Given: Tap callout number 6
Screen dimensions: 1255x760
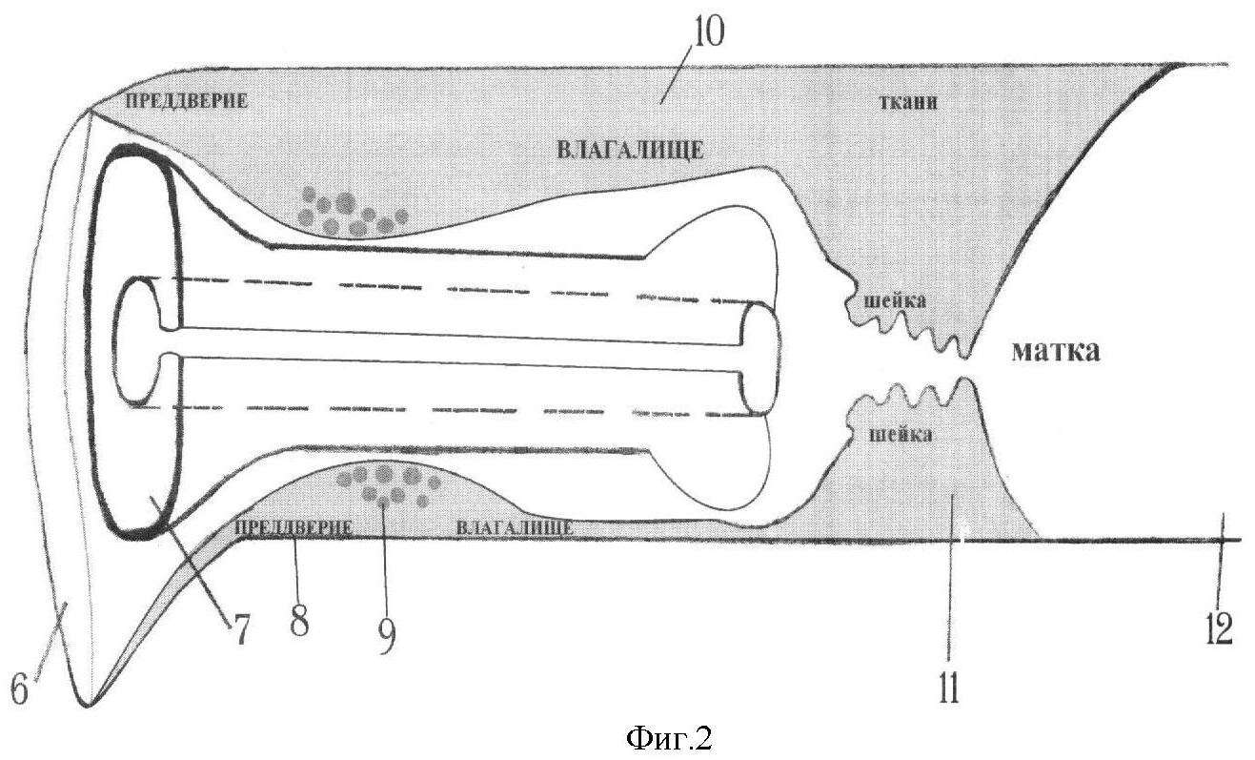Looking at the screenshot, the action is (x=19, y=690).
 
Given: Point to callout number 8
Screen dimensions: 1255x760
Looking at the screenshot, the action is (x=299, y=621).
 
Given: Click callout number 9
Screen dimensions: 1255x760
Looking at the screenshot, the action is (x=387, y=637).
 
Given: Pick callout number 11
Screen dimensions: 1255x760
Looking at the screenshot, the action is (x=948, y=688).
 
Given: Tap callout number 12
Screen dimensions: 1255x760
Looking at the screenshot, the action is (x=1219, y=629).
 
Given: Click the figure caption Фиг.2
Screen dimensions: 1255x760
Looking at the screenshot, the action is (x=668, y=738).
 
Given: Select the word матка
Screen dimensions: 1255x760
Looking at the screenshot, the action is (x=1056, y=352).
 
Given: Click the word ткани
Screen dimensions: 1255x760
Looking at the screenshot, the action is (x=908, y=103).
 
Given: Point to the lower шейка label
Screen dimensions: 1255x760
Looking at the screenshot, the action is (x=901, y=435).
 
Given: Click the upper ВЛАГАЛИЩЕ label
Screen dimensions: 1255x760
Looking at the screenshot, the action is (x=630, y=151).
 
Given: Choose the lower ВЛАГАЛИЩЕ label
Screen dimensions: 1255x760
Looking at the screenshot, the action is (x=515, y=528).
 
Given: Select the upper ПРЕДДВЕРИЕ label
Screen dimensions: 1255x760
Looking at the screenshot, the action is (x=186, y=101).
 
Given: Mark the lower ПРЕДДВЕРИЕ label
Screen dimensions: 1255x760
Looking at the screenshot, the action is (x=293, y=528).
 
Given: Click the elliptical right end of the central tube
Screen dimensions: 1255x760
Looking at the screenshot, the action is (x=759, y=359).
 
